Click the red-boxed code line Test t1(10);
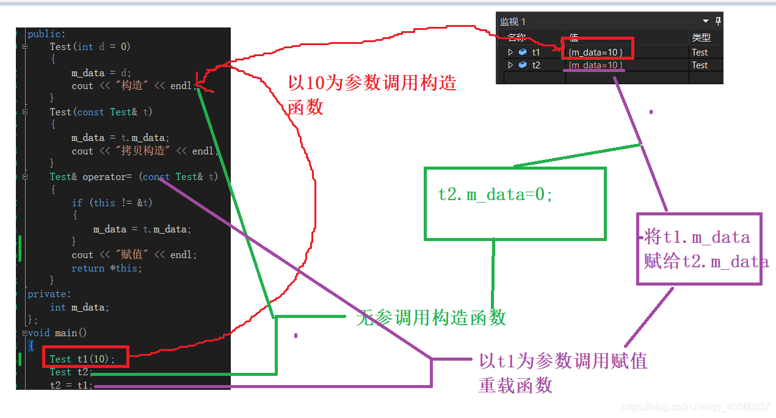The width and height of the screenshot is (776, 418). [x=82, y=359]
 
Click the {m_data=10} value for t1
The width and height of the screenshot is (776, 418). [x=595, y=52]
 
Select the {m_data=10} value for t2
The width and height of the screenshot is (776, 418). [x=595, y=65]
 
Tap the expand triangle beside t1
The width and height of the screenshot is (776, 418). [x=510, y=52]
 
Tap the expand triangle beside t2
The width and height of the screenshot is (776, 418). [x=510, y=65]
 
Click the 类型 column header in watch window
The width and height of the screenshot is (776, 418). [x=701, y=37]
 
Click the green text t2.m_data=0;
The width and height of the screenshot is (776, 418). [x=495, y=195]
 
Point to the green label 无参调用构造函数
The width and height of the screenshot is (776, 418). [x=431, y=317]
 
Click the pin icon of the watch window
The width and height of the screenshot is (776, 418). [x=718, y=21]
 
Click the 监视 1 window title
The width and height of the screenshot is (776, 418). [x=513, y=22]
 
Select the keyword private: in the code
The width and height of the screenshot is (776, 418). [x=49, y=294]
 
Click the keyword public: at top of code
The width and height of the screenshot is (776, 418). [x=46, y=34]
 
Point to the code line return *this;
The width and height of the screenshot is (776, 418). [x=107, y=268]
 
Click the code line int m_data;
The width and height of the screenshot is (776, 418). [x=79, y=307]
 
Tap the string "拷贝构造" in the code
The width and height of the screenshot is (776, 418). [x=143, y=151]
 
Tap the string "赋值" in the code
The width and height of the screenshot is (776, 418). [x=132, y=254]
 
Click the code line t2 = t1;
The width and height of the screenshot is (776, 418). [x=71, y=385]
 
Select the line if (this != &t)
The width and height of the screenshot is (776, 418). [x=112, y=203]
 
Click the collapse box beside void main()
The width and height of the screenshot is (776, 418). [x=25, y=333]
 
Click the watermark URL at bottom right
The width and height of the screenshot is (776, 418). [x=695, y=406]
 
